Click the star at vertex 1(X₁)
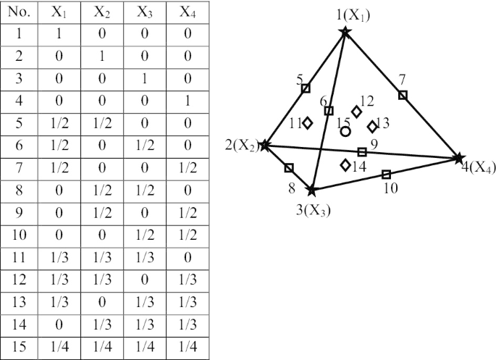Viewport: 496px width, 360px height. tap(345, 31)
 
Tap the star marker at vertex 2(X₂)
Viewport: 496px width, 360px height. tap(265, 145)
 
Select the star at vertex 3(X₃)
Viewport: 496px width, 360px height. tap(312, 191)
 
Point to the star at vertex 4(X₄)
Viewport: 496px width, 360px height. tap(458, 158)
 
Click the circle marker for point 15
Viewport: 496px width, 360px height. tap(345, 131)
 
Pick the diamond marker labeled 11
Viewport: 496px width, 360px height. tap(308, 123)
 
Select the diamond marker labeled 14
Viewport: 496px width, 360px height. tap(345, 164)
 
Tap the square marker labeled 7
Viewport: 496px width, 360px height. tap(403, 95)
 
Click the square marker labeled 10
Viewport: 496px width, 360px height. tap(386, 174)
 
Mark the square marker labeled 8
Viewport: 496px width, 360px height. tap(289, 168)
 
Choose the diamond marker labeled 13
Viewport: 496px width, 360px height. tap(372, 127)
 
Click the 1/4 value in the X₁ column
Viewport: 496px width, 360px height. tap(59, 347)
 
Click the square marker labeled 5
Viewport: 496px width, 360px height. tap(306, 88)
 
